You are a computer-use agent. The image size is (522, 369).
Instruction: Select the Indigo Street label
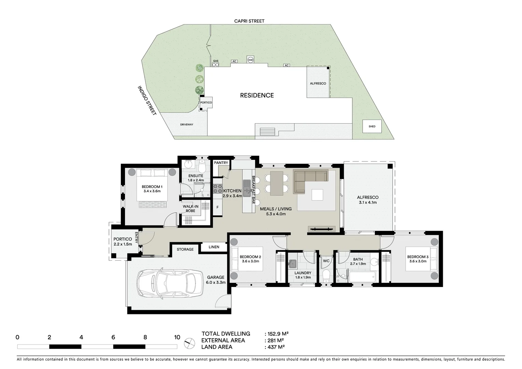(147, 100)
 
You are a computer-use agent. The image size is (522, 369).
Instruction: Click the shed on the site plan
(372, 126)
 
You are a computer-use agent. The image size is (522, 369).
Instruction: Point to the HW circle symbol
(251, 60)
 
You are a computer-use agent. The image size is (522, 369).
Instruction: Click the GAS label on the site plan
(215, 61)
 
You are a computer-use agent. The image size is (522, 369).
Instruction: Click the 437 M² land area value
(274, 347)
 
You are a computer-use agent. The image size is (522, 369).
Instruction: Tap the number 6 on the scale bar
(113, 338)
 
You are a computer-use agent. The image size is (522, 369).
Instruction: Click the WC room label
(326, 261)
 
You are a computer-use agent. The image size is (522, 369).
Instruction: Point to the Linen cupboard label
(214, 247)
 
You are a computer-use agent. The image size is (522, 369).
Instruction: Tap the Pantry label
(221, 163)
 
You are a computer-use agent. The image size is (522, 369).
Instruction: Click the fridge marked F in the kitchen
(217, 208)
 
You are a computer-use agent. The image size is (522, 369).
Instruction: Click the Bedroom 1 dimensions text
(152, 191)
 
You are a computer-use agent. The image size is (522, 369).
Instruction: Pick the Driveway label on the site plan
(187, 125)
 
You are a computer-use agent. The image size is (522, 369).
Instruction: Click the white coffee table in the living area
(317, 195)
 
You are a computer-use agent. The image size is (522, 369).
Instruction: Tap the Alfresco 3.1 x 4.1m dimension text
(367, 202)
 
